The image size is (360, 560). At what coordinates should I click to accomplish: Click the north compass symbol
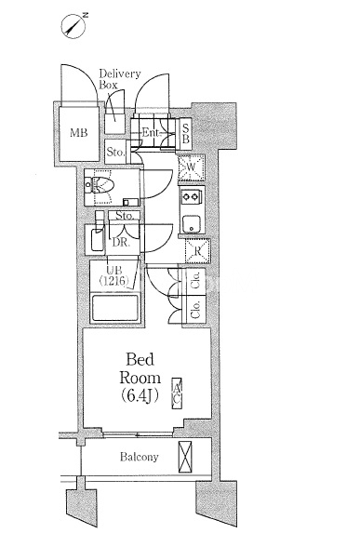pos(74,25)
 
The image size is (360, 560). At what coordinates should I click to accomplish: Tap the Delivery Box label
pos(120,79)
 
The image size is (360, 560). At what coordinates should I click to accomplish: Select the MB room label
pos(78,133)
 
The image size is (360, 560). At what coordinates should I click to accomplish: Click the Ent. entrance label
pos(151,133)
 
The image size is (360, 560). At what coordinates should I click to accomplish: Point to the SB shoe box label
pos(185,133)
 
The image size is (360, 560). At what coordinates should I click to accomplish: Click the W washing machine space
pos(191,167)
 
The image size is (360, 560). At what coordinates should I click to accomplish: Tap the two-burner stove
pos(191,196)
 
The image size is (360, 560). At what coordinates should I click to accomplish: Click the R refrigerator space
pos(197,251)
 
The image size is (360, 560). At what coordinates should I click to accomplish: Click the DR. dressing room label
pos(120,242)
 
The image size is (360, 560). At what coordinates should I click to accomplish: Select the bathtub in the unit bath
pos(115,308)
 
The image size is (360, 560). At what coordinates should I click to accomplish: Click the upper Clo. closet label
pos(195,279)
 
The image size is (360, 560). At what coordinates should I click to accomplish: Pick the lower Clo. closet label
pos(195,309)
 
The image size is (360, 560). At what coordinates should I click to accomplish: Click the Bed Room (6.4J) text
pos(140,377)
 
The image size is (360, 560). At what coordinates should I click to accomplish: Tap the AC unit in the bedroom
pos(177,393)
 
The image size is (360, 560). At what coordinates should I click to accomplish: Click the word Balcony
pos(139,457)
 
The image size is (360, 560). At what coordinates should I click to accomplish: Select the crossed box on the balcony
pos(185,457)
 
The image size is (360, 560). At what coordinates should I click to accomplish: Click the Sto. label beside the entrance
pos(115,153)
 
